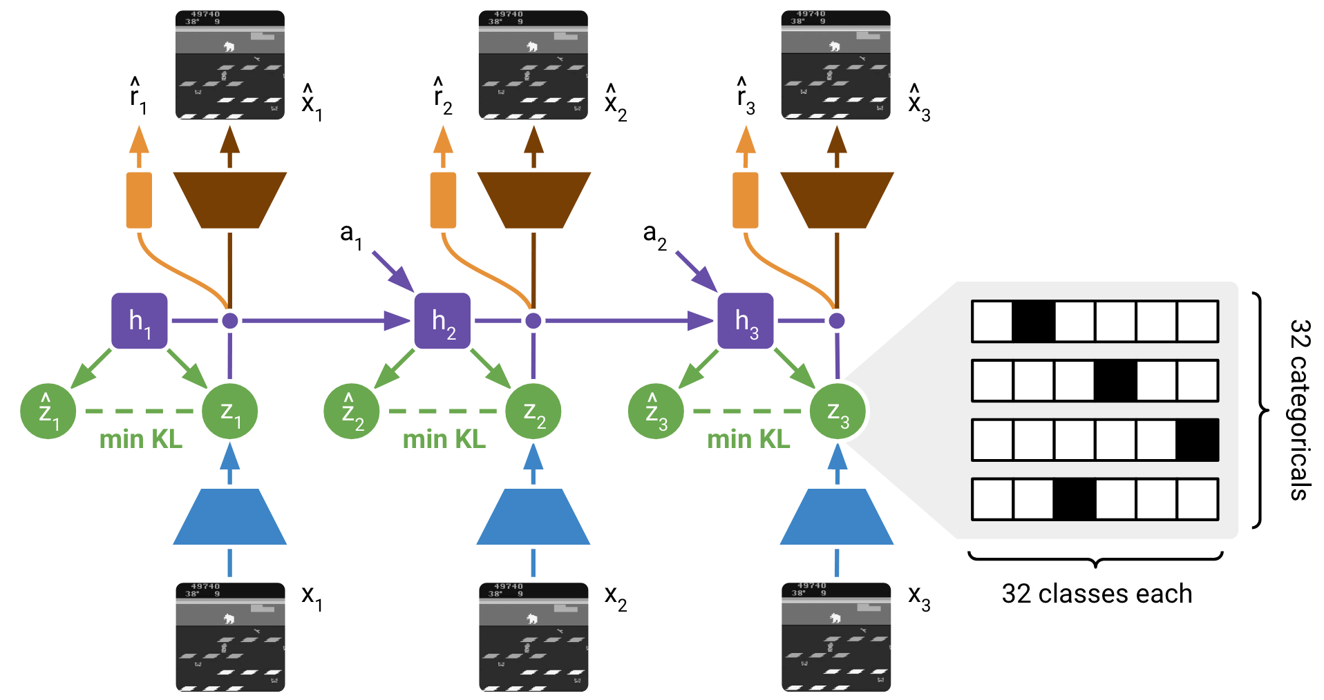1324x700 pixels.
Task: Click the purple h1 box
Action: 139,321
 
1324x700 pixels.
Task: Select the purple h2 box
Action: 442,321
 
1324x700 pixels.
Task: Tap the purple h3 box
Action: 745,321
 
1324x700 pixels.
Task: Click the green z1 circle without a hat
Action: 229,411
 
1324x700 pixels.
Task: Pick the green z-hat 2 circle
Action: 351,411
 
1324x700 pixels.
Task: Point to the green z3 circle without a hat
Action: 837,411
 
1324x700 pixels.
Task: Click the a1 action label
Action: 350,235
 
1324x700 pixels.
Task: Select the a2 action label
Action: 654,235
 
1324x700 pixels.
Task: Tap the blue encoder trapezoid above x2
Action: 533,517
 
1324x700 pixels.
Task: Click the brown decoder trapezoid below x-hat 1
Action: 229,200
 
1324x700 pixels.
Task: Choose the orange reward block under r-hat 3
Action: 745,200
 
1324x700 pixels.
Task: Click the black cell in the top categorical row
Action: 1033,322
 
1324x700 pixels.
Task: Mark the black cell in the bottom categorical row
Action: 1074,499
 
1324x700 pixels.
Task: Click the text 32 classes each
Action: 1097,594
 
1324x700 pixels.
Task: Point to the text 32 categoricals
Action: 1299,409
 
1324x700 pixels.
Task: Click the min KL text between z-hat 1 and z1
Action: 141,439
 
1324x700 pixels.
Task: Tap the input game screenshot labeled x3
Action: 835,636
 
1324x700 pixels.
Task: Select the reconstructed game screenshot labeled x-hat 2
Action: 533,65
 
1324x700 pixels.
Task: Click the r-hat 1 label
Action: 138,97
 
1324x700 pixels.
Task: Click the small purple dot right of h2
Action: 533,321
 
